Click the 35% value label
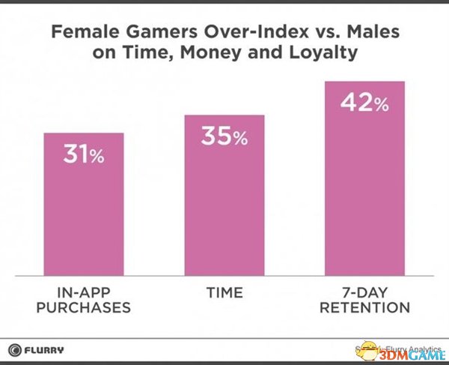click(224, 136)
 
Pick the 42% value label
click(364, 103)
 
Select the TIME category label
click(224, 292)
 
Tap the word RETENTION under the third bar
click(364, 308)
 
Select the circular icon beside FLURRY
click(15, 349)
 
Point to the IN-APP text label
click(84, 292)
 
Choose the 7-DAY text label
click(364, 292)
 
